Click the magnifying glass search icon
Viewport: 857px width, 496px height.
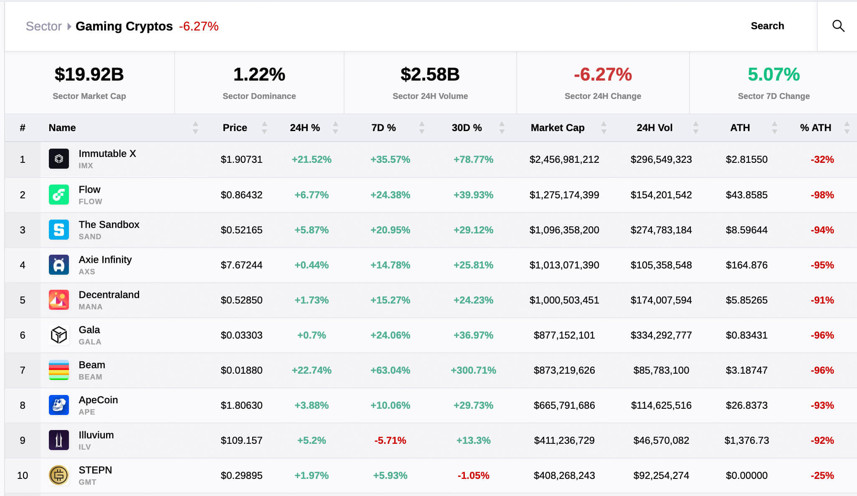tap(838, 26)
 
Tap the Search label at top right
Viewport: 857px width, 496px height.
tap(767, 26)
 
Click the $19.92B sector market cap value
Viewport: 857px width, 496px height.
tap(89, 74)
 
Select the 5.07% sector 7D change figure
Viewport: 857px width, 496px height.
tap(773, 74)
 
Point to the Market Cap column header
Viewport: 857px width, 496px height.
tap(557, 128)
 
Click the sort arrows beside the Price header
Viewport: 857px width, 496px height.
tap(264, 128)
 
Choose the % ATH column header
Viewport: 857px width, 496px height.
tap(815, 128)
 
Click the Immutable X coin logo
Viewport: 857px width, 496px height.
tap(59, 159)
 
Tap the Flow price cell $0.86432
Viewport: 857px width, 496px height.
tap(241, 195)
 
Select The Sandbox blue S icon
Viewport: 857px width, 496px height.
tap(59, 230)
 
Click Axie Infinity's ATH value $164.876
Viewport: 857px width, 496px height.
tap(746, 265)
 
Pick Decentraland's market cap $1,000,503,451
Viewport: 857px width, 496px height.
tap(564, 300)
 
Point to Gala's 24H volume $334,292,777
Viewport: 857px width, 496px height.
tap(661, 335)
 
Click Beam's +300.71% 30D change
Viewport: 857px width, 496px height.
tap(473, 370)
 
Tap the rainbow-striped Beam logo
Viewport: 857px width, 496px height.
tap(59, 370)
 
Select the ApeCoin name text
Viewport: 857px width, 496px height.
tap(98, 400)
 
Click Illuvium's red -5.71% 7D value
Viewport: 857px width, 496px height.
tap(390, 440)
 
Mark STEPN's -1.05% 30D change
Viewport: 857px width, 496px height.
tap(473, 476)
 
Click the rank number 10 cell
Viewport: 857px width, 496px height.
tap(23, 476)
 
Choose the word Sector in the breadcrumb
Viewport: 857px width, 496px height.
tap(43, 26)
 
